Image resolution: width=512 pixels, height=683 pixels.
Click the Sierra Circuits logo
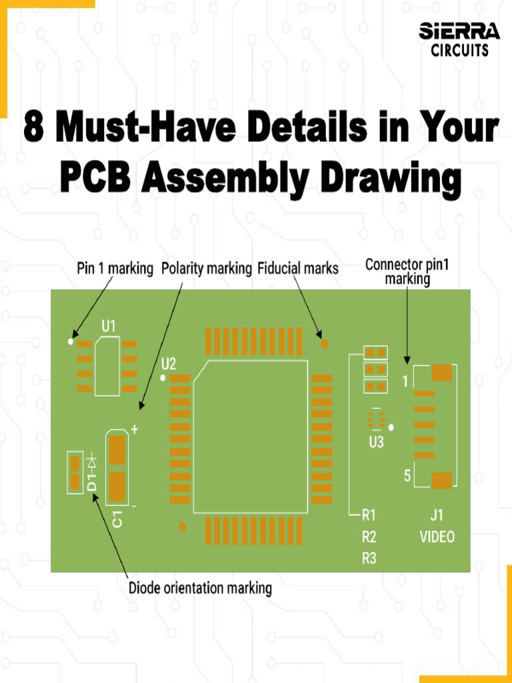pyautogui.click(x=459, y=39)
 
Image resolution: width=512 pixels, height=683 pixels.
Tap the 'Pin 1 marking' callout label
pyautogui.click(x=113, y=269)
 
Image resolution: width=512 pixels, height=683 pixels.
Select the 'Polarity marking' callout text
pyautogui.click(x=207, y=269)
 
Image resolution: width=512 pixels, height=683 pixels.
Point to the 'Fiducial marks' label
pyautogui.click(x=298, y=269)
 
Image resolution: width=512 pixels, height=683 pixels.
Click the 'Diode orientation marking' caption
pyautogui.click(x=200, y=588)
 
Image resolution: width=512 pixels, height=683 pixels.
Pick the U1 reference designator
pyautogui.click(x=109, y=325)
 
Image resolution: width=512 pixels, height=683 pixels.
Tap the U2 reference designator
pyautogui.click(x=169, y=364)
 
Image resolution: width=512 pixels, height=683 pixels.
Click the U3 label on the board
pyautogui.click(x=376, y=442)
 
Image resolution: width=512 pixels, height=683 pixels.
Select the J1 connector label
pyautogui.click(x=437, y=515)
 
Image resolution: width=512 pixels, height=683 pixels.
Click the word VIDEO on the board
pyautogui.click(x=437, y=537)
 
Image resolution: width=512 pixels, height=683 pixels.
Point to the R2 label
pyautogui.click(x=369, y=537)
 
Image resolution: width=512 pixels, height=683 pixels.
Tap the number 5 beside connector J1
pyautogui.click(x=407, y=476)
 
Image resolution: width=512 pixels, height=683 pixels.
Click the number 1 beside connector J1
pyautogui.click(x=405, y=382)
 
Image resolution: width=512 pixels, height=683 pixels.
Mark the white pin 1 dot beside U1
pyautogui.click(x=71, y=341)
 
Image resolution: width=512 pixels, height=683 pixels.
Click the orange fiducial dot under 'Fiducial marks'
pyautogui.click(x=325, y=344)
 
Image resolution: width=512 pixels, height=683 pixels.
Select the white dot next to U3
pyautogui.click(x=392, y=426)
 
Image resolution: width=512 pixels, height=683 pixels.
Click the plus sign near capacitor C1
pyautogui.click(x=135, y=430)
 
